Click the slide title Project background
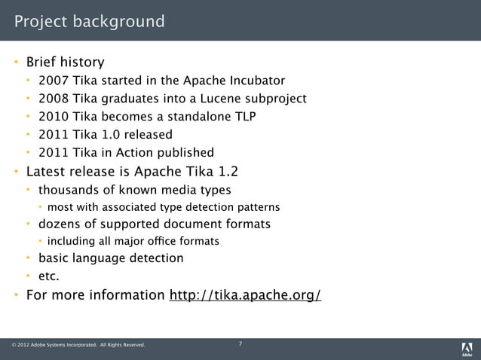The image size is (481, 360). coord(89,21)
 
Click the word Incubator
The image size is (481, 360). coord(255,81)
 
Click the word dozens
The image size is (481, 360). coord(62,224)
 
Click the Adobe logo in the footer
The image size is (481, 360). coord(467,348)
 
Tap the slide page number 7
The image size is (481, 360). coord(240,344)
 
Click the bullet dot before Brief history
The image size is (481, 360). coord(15,63)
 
